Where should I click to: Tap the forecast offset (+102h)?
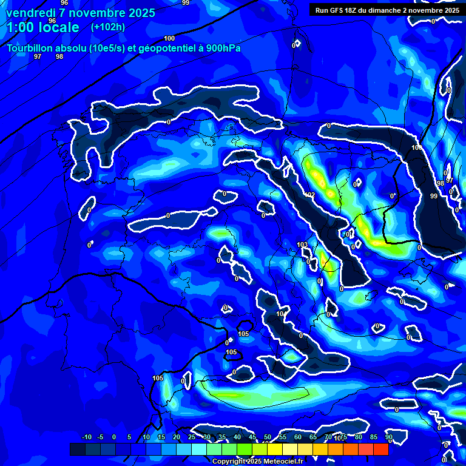pyautogui.click(x=108, y=27)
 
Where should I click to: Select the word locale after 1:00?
pyautogui.click(x=58, y=27)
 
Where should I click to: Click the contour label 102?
pyautogui.click(x=310, y=195)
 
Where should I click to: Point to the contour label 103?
pyautogui.click(x=302, y=245)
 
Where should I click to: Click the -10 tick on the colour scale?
pyautogui.click(x=86, y=437)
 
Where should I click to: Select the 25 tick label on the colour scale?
pyautogui.click(x=192, y=437)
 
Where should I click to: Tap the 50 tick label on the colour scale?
pyautogui.click(x=268, y=437)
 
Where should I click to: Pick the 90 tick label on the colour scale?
pyautogui.click(x=389, y=437)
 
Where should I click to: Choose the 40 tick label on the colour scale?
pyautogui.click(x=237, y=437)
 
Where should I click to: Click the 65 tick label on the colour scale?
pyautogui.click(x=313, y=437)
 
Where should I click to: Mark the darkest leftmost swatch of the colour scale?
pyautogui.click(x=78, y=449)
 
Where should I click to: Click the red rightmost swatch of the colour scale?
pyautogui.click(x=381, y=449)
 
